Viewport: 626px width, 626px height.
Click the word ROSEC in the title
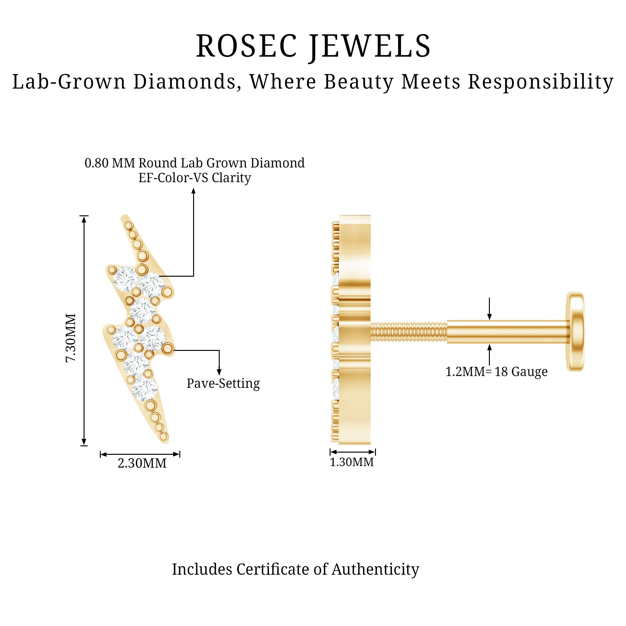pyautogui.click(x=246, y=46)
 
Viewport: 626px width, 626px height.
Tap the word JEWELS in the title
pyautogui.click(x=370, y=46)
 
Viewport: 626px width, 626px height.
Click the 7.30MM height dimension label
pyautogui.click(x=71, y=338)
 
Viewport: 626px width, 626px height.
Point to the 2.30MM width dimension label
pyautogui.click(x=142, y=463)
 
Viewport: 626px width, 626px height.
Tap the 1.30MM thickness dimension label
pyautogui.click(x=351, y=462)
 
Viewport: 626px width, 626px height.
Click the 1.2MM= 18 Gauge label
pyautogui.click(x=496, y=372)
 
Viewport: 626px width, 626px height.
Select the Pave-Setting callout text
pyautogui.click(x=223, y=383)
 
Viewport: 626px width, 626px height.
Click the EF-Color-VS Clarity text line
pyautogui.click(x=194, y=177)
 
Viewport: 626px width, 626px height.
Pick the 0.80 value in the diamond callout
pyautogui.click(x=96, y=163)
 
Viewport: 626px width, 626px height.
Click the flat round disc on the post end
pyautogui.click(x=575, y=331)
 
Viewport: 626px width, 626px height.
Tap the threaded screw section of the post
pyautogui.click(x=408, y=332)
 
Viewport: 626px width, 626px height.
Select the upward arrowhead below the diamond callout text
pyautogui.click(x=193, y=191)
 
